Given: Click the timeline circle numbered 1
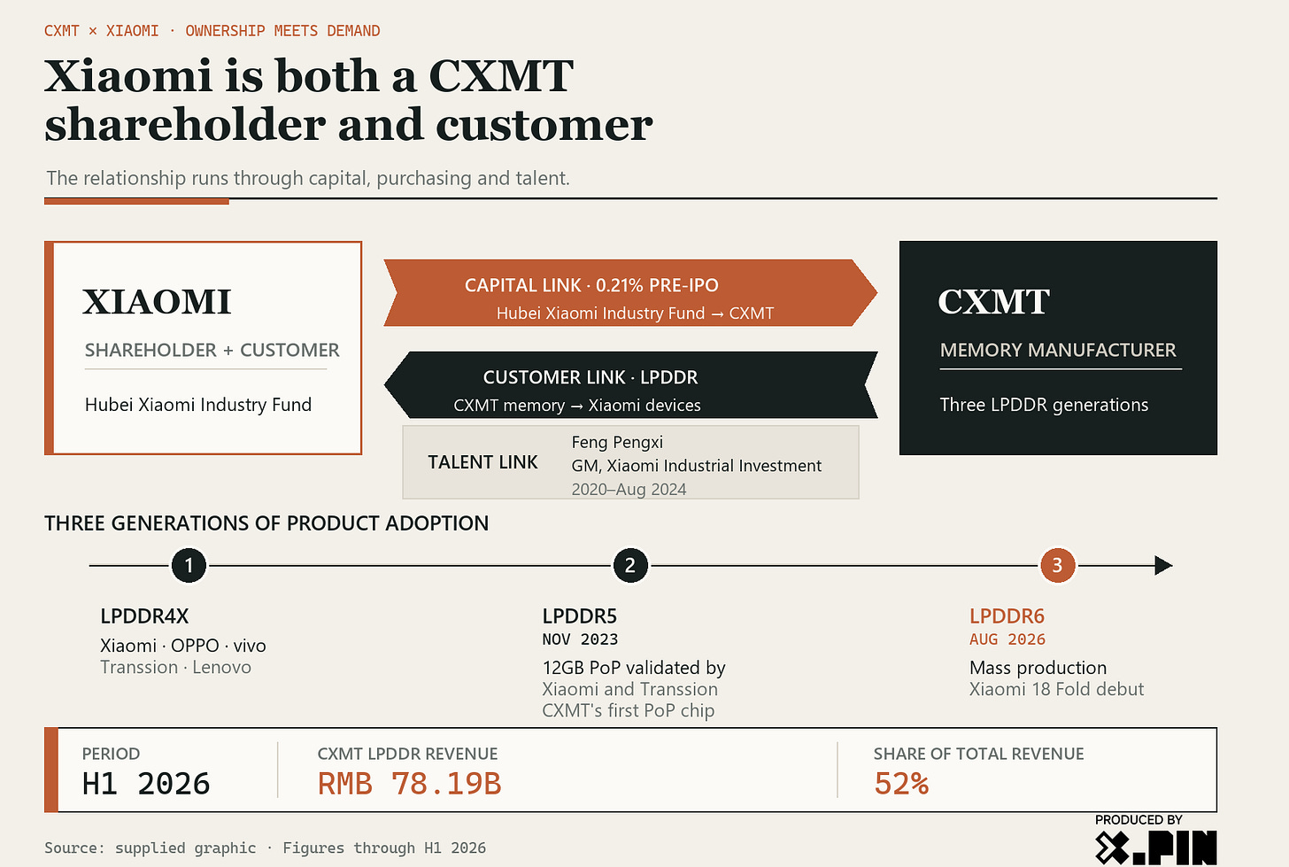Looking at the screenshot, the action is coord(189,565).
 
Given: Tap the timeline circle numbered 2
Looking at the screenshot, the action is coord(630,565).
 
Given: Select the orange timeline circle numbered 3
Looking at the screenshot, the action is coord(1057,565).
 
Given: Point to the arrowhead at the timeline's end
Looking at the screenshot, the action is coord(1163,565).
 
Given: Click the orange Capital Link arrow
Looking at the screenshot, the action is coord(630,293).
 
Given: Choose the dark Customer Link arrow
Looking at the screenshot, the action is coord(630,384).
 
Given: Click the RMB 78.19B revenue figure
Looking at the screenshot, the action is coord(409,784).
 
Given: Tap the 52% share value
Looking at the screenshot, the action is coord(901,784).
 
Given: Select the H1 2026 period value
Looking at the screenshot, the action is coord(145,784).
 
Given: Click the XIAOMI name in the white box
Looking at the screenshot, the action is coord(157,302).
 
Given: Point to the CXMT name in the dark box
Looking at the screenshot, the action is coord(994,302).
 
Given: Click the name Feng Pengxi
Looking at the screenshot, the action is coord(617,442).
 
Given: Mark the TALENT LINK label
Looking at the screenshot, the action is coord(482,462).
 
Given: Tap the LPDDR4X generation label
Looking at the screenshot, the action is coord(144,616).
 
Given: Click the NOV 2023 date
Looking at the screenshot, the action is coord(580,639).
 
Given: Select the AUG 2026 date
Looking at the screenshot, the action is coord(1007,639).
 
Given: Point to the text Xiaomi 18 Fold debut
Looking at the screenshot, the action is coord(1056,689).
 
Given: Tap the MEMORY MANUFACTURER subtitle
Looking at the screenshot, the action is coord(1058,350).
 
